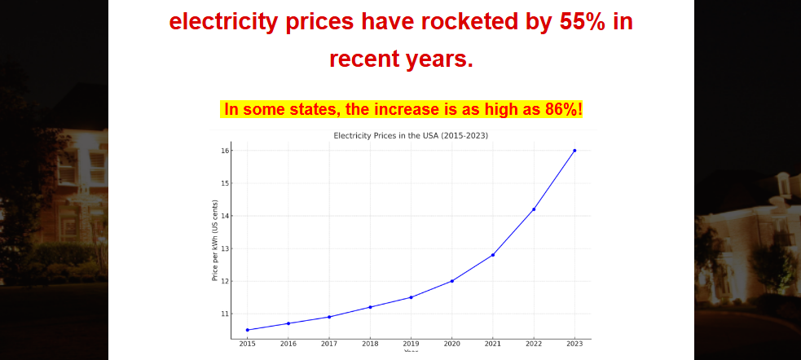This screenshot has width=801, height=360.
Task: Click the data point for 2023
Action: (574, 151)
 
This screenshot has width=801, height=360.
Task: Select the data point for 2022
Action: (534, 209)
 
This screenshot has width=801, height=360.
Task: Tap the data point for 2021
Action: (493, 255)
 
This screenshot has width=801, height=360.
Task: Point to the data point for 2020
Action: (452, 281)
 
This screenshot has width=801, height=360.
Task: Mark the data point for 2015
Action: (247, 330)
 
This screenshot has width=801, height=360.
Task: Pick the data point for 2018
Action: (370, 307)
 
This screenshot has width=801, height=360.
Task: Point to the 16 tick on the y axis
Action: (223, 151)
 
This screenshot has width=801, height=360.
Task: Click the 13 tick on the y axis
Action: (223, 248)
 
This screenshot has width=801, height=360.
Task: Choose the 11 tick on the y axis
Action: (223, 314)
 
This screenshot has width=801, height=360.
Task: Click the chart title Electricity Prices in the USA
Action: (411, 135)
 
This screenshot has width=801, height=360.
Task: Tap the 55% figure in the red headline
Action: (582, 22)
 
